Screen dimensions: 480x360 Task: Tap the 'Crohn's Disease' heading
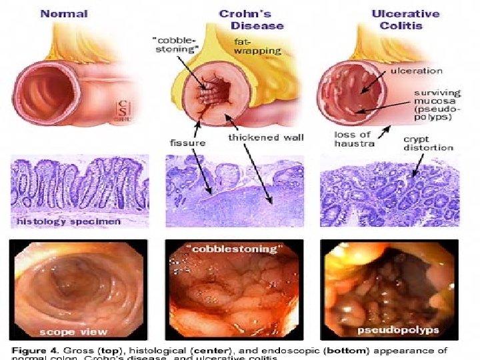pyautogui.click(x=251, y=20)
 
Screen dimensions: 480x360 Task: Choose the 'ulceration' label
pyautogui.click(x=416, y=70)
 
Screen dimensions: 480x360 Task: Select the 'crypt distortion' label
pyautogui.click(x=428, y=143)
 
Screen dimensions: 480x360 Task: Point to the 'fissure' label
pyautogui.click(x=183, y=142)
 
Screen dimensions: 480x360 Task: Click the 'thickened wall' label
pyautogui.click(x=266, y=137)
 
